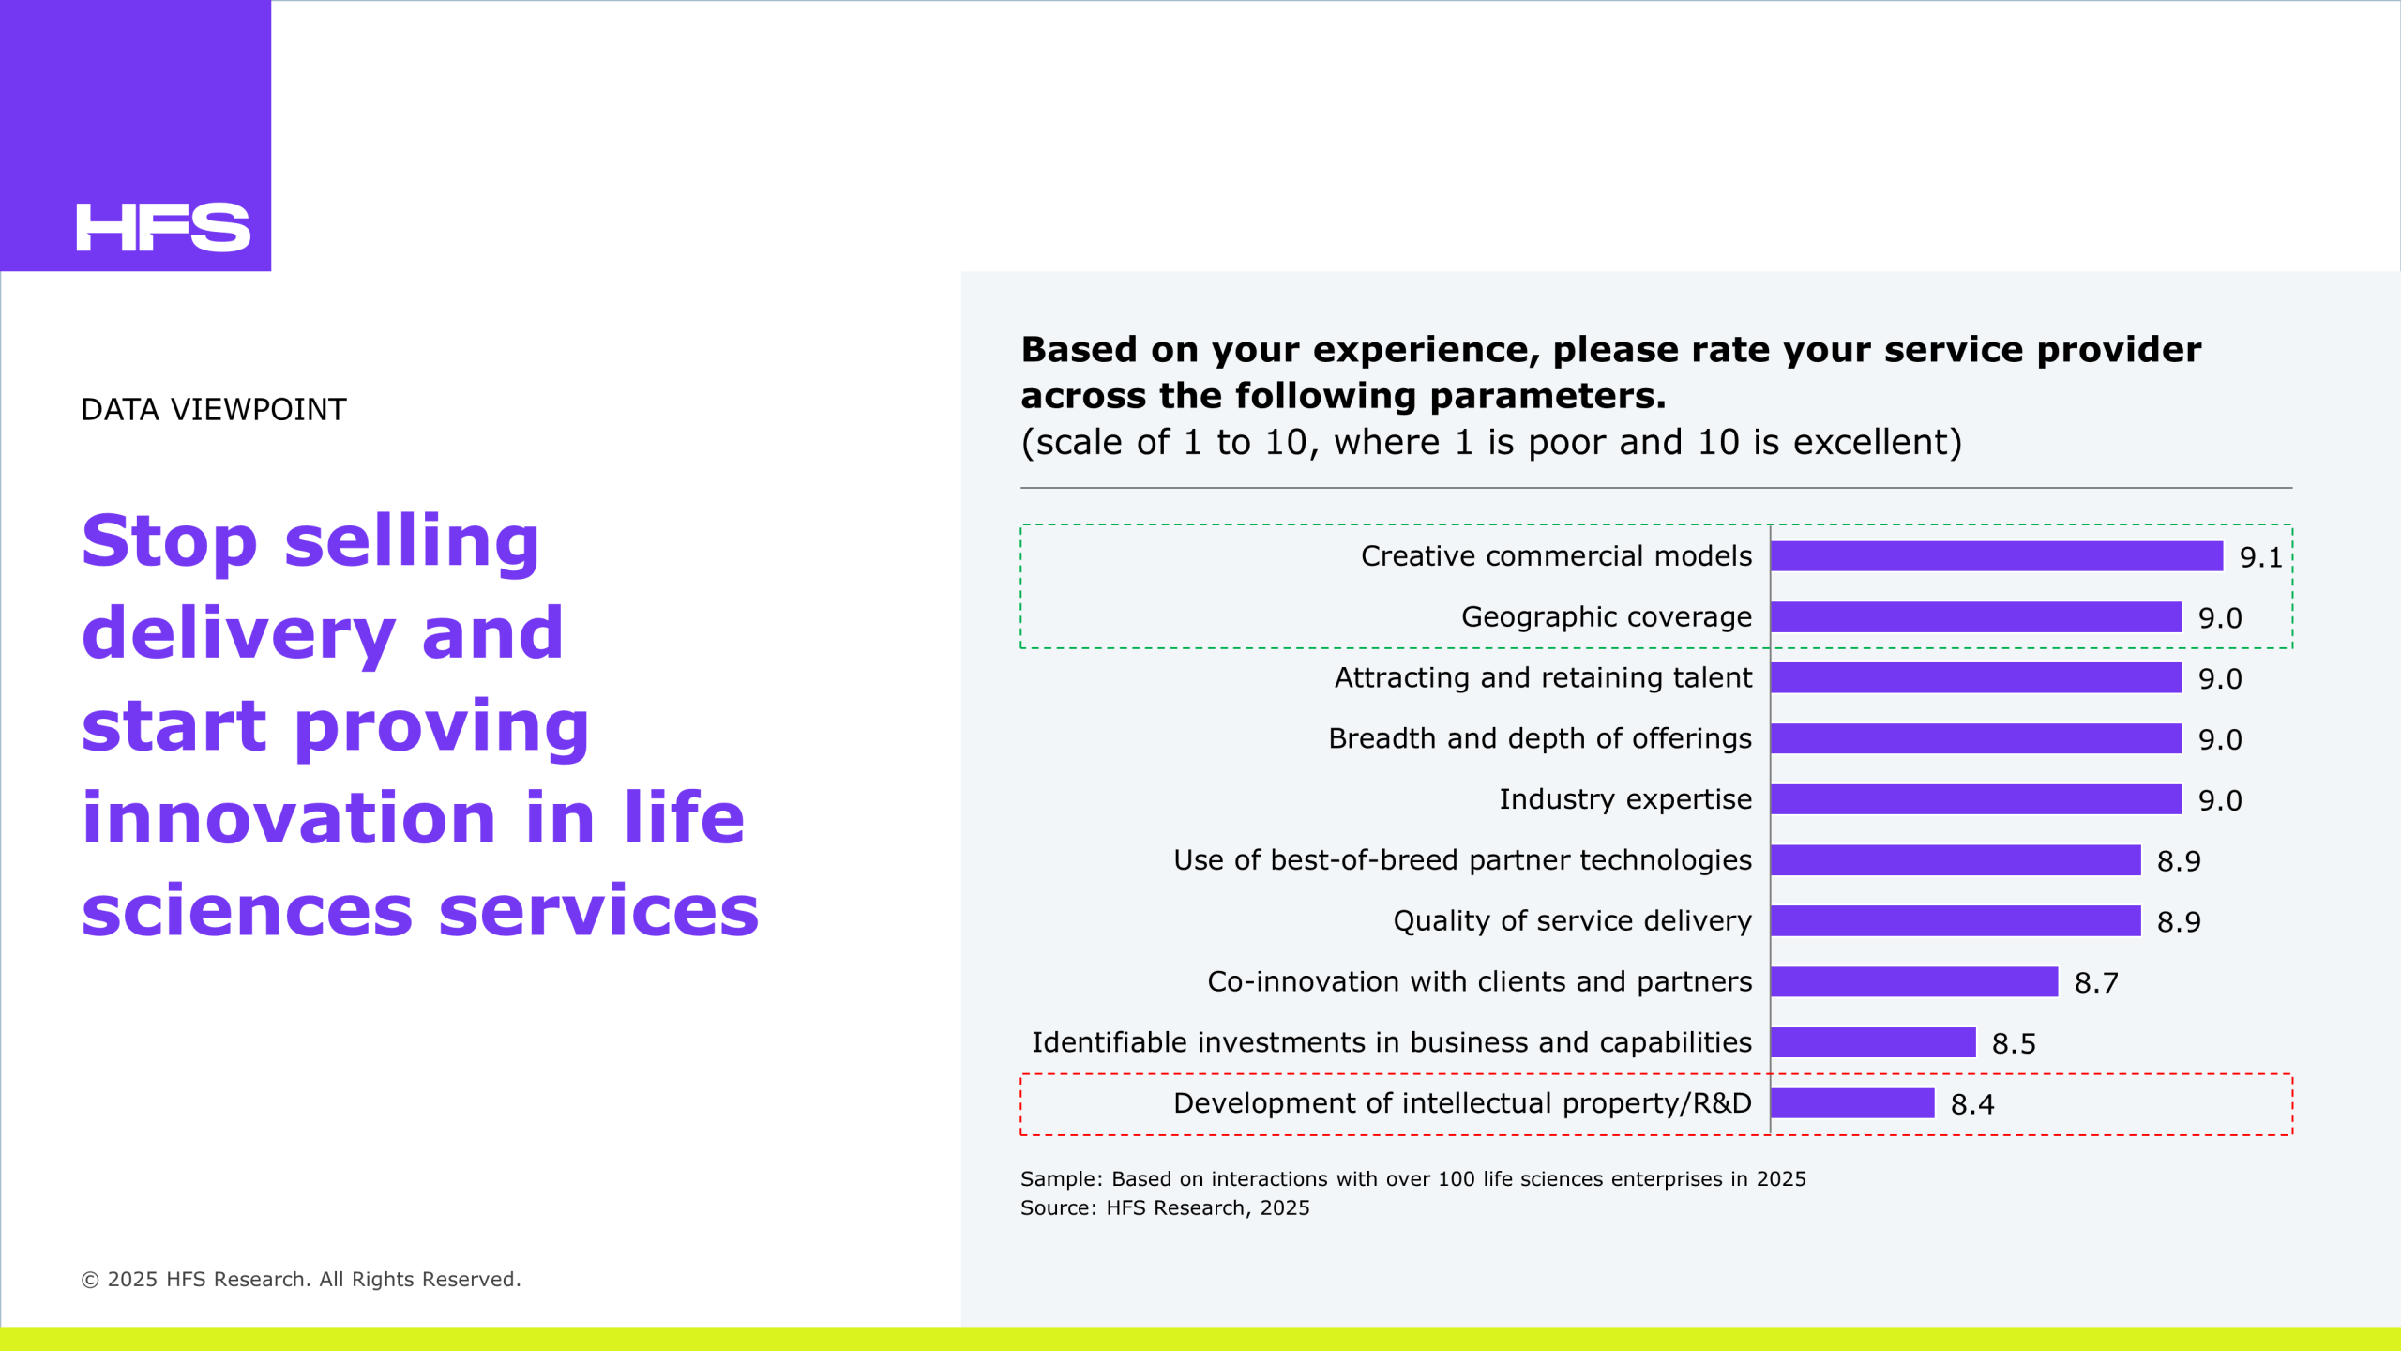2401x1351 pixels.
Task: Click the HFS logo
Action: [x=163, y=227]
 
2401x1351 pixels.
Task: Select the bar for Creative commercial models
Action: [x=1996, y=556]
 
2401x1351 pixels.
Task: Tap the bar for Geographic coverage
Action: [x=1975, y=617]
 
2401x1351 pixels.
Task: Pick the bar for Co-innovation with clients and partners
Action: [x=1913, y=982]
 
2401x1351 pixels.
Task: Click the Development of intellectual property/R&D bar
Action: [x=1852, y=1103]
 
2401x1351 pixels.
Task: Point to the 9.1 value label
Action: [x=2260, y=558]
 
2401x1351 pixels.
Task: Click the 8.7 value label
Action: [x=2096, y=983]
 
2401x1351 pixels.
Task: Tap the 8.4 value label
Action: [x=1972, y=1105]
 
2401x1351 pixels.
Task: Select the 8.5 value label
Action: [x=2014, y=1044]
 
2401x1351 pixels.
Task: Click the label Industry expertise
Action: [x=1624, y=799]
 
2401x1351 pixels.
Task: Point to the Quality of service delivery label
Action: [x=1572, y=921]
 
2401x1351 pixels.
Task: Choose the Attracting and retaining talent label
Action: [x=1543, y=677]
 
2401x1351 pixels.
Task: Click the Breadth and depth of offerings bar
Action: [x=1975, y=738]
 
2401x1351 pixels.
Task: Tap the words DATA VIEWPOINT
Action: [x=214, y=410]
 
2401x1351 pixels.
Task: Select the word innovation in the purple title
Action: [x=289, y=818]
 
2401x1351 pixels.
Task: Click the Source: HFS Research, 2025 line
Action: [x=1165, y=1208]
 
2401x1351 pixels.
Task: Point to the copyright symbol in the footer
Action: [x=90, y=1281]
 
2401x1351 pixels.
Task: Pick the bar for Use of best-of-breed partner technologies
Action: [x=1955, y=860]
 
